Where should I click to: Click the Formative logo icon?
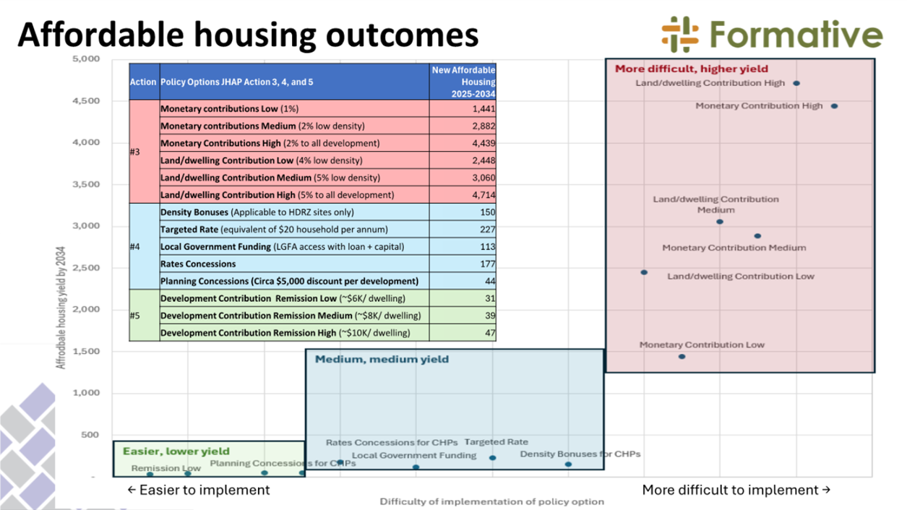click(679, 34)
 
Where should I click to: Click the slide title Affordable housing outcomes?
click(248, 34)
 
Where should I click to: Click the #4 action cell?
click(135, 247)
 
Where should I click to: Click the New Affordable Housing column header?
click(463, 82)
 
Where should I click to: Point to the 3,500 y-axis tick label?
click(86, 185)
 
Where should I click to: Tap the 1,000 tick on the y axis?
click(86, 394)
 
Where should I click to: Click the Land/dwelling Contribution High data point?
click(796, 84)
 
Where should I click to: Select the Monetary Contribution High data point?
click(834, 106)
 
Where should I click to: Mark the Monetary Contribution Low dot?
click(682, 357)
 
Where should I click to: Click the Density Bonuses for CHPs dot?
click(568, 464)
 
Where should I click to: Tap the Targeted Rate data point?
click(493, 458)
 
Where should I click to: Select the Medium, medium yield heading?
click(382, 359)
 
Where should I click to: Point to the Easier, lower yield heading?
click(176, 451)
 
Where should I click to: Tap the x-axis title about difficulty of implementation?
click(491, 501)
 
